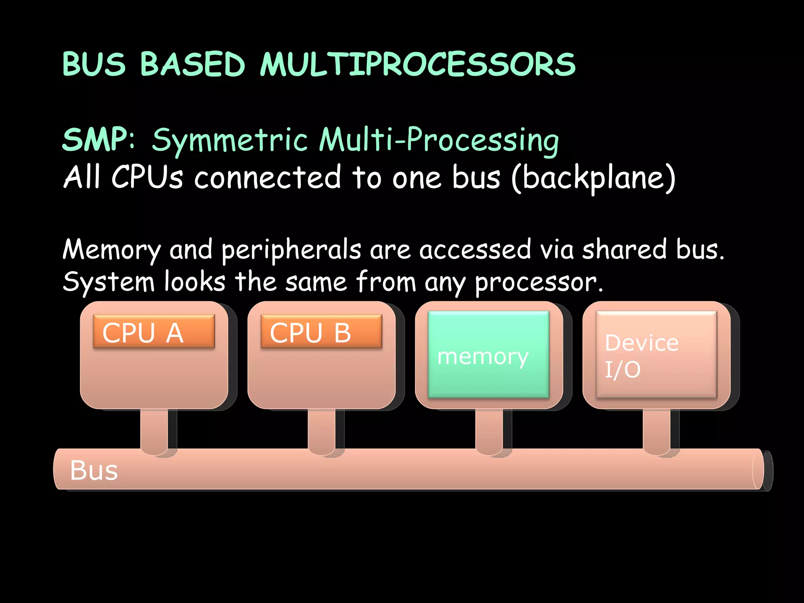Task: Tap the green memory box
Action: (x=488, y=354)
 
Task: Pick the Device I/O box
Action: (x=656, y=354)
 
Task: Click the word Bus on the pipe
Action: (x=94, y=470)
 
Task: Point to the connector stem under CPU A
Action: (x=154, y=430)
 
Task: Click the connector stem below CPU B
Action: (x=321, y=430)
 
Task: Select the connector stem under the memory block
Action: (x=489, y=430)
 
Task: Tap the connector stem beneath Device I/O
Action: (x=656, y=430)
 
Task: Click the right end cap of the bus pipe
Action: (x=762, y=470)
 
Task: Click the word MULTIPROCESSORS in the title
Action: (x=417, y=65)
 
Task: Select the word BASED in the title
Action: (x=192, y=65)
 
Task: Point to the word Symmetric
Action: (x=230, y=141)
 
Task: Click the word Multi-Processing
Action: (x=439, y=141)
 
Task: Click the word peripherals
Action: (x=291, y=250)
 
